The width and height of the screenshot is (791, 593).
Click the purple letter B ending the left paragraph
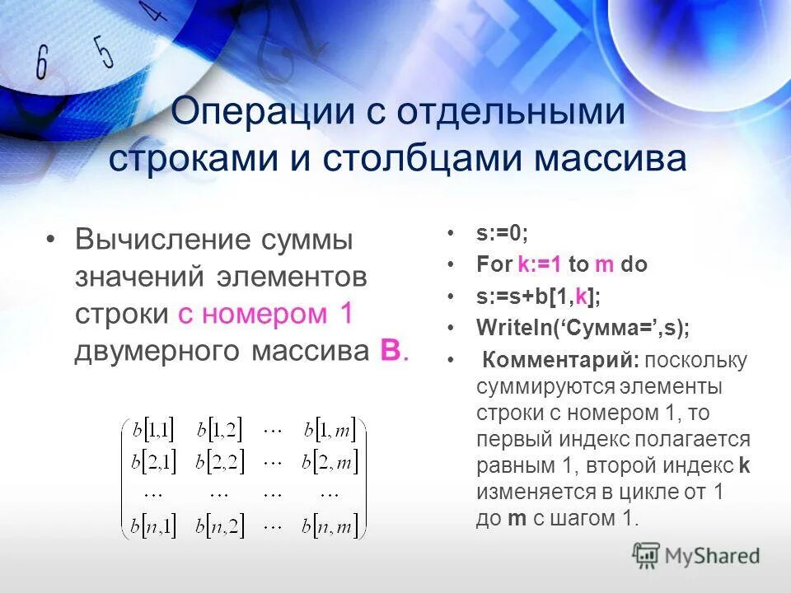tap(390, 350)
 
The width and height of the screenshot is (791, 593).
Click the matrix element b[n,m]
tap(330, 525)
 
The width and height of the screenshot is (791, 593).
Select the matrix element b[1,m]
tap(330, 430)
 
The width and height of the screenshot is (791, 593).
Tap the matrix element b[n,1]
tap(153, 525)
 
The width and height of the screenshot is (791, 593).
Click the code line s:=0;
tap(502, 233)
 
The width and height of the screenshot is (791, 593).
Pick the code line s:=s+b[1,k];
tap(538, 296)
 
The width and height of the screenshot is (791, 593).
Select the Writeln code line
tap(583, 327)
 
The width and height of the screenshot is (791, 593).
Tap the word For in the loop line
tap(494, 264)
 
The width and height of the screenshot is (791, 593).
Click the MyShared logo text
tap(710, 556)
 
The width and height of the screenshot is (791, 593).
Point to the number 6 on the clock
tap(43, 63)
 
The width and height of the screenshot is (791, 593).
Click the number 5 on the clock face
tap(104, 51)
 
